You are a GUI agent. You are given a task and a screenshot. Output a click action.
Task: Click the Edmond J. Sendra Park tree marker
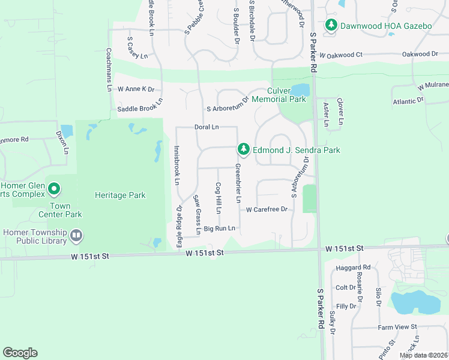243,148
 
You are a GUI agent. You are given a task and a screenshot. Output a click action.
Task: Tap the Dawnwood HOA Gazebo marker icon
330,25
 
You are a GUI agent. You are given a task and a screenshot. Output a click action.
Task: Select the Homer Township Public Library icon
76,236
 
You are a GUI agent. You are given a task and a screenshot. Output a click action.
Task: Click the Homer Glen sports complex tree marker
53,190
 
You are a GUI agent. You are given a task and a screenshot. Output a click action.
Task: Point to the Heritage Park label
120,196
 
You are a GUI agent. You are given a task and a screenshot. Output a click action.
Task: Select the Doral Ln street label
206,127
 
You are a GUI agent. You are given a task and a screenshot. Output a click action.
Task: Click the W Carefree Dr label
268,209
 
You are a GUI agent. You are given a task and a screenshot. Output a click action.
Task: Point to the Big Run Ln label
218,229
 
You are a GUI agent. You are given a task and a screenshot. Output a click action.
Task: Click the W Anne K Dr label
136,89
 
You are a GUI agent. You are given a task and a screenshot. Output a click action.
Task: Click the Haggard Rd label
354,268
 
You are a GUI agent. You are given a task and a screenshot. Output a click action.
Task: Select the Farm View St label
397,327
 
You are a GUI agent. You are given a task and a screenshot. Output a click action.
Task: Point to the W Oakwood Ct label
342,55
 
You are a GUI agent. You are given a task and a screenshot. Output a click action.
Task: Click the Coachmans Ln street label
109,69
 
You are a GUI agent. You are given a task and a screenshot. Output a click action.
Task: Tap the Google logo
20,353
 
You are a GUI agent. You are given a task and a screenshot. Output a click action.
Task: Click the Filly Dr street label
346,306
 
